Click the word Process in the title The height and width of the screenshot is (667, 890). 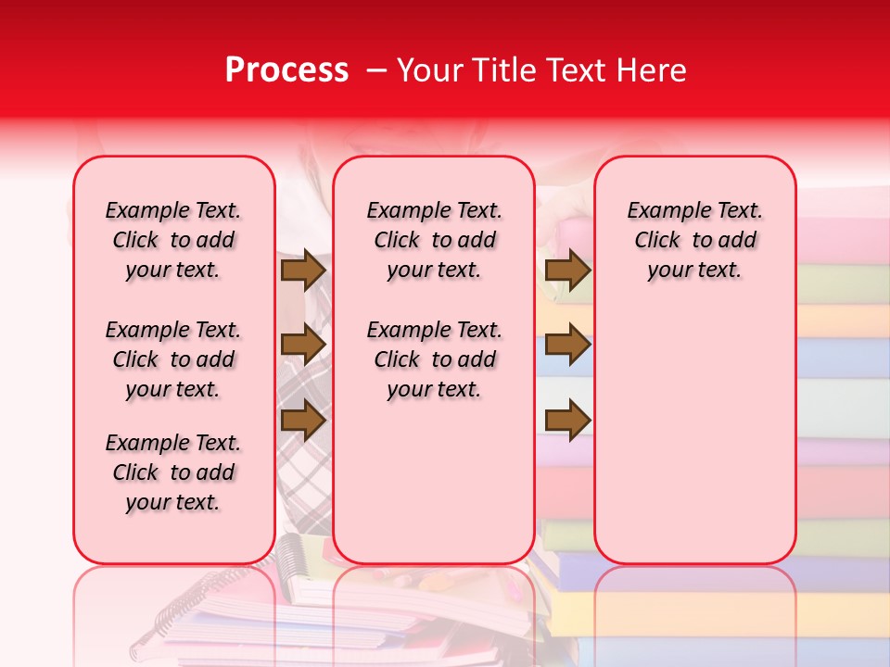[286, 70]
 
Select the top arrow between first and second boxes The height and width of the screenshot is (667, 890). [303, 270]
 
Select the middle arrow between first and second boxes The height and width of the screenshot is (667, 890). [303, 344]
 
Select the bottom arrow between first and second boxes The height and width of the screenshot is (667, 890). [303, 421]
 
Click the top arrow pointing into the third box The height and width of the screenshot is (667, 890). [567, 270]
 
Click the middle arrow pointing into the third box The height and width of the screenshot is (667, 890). [567, 345]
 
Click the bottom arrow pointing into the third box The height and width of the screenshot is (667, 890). [567, 421]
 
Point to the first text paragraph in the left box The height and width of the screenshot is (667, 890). [173, 240]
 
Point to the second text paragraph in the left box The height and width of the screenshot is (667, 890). [173, 359]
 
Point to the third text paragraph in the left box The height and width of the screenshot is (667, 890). [173, 472]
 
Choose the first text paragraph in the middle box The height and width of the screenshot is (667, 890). [434, 240]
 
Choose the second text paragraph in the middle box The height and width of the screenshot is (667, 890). [434, 359]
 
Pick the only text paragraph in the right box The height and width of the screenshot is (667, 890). [694, 240]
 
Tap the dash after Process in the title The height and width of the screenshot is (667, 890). [376, 70]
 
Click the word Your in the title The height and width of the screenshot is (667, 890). [428, 70]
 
